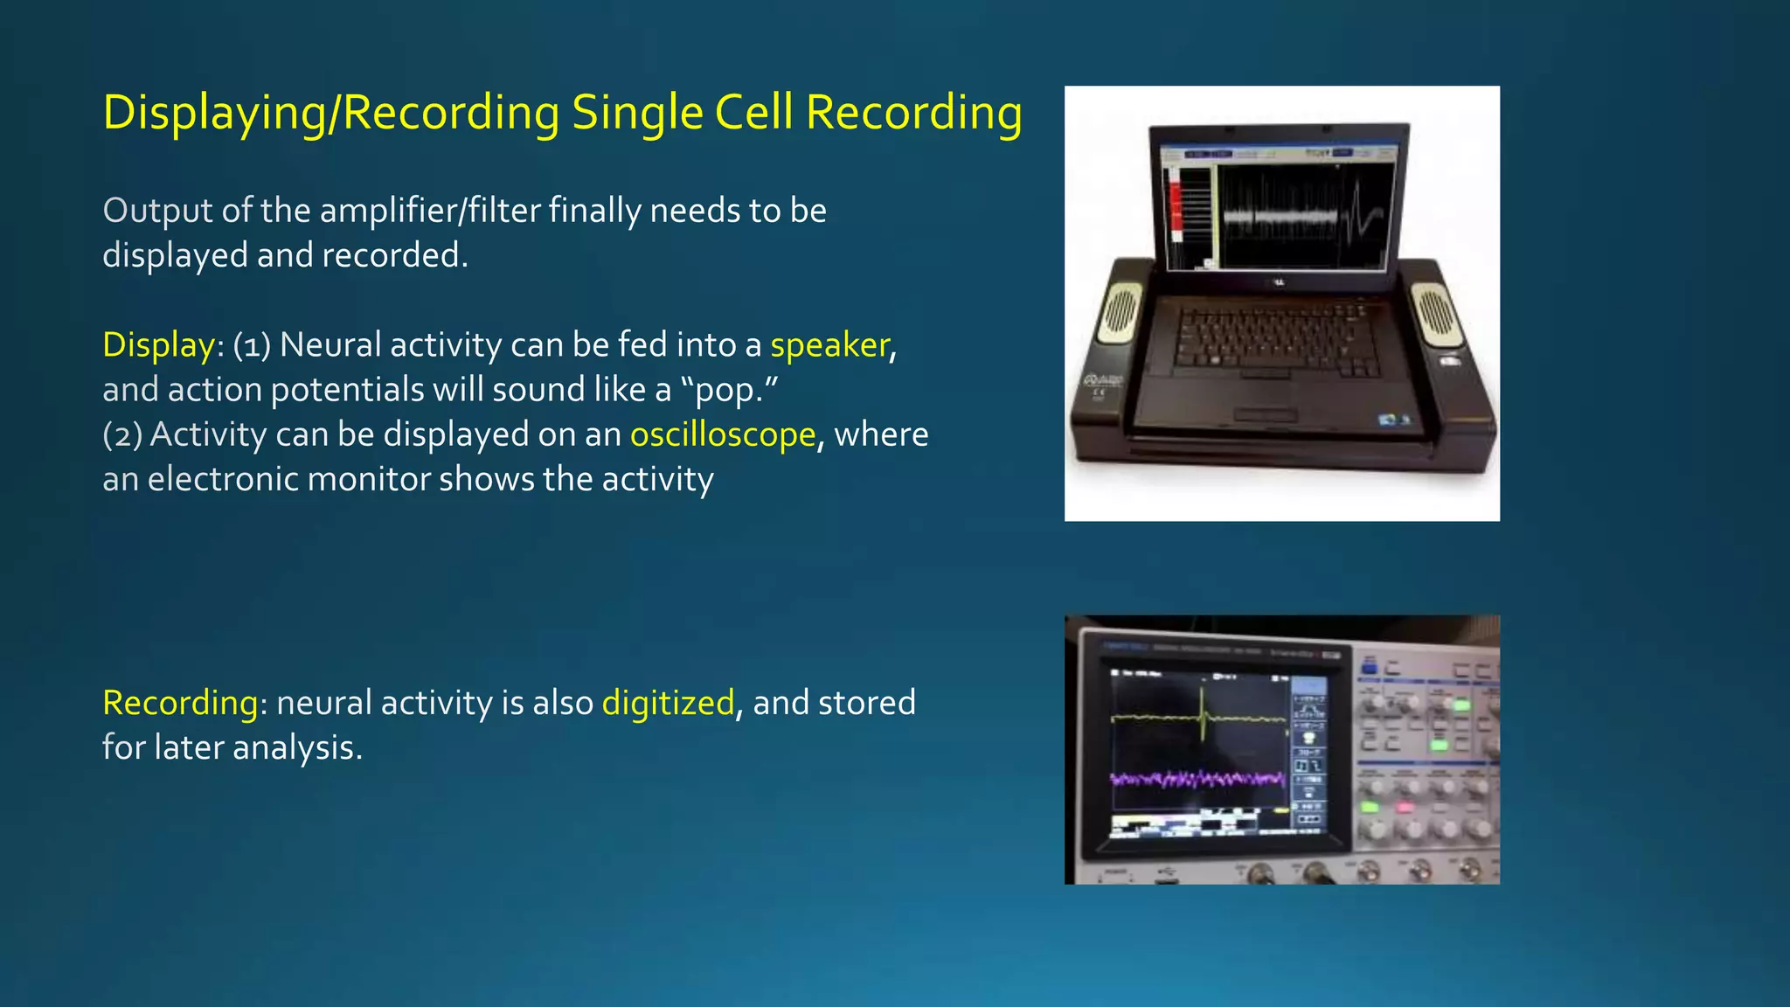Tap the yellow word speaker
(x=829, y=345)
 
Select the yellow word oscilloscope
(x=723, y=434)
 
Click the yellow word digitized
(x=668, y=703)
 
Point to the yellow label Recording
(x=180, y=703)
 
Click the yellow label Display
(x=158, y=345)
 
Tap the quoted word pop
(x=725, y=391)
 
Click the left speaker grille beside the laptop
(x=1120, y=310)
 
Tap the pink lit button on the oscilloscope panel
(x=1405, y=807)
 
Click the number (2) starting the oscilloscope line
(x=121, y=434)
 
